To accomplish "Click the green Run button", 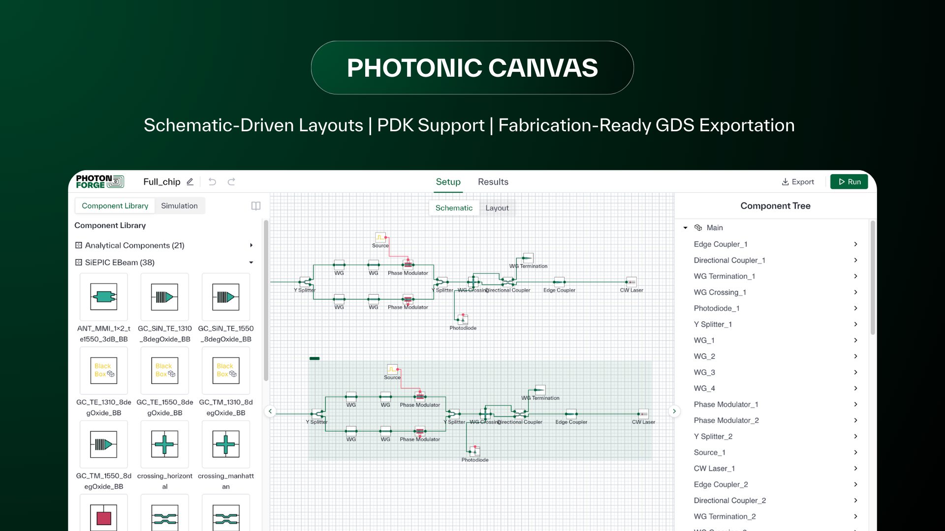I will [849, 182].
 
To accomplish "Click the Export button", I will [798, 182].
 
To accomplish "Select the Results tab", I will [493, 182].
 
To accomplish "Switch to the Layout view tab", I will [497, 208].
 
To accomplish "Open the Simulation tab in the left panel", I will [179, 206].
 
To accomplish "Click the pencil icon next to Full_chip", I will [190, 182].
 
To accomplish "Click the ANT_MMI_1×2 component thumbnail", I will [103, 297].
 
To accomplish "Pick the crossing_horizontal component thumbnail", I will [164, 444].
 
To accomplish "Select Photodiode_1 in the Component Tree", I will [716, 308].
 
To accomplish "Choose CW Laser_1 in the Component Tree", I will [714, 469].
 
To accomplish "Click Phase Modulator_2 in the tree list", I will [726, 420].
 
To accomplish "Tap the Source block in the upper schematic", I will [380, 238].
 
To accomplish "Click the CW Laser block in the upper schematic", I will [631, 282].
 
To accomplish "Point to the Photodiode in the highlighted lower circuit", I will [474, 451].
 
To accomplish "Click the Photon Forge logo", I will [99, 182].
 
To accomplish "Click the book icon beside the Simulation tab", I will [256, 206].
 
